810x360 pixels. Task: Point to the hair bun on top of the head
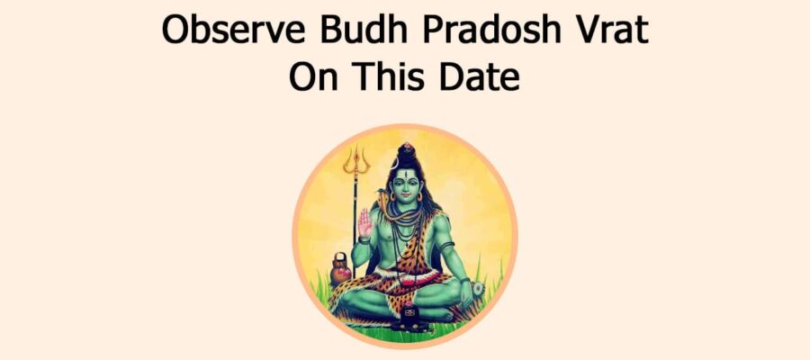point(406,152)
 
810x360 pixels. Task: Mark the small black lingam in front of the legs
point(409,314)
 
